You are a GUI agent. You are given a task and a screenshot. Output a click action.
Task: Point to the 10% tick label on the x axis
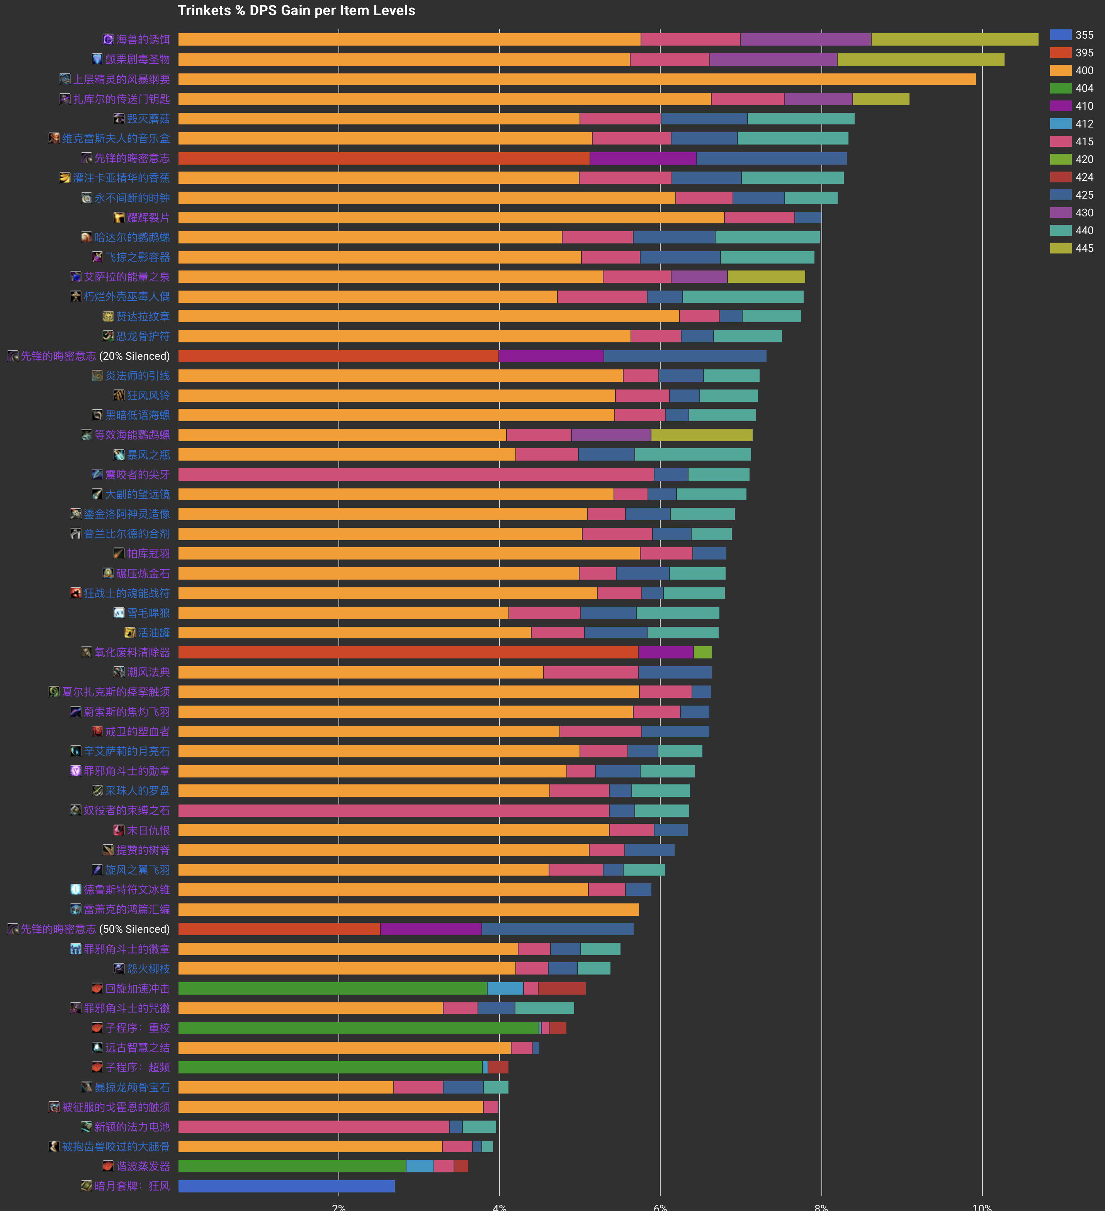pos(981,1206)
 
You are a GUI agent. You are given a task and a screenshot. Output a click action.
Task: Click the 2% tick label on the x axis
pos(339,1206)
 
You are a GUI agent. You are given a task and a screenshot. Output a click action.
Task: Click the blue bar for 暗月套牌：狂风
pos(286,1186)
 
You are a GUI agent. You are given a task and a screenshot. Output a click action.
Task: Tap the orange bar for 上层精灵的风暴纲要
pos(576,79)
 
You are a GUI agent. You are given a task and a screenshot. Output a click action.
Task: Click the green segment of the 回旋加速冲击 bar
pos(332,988)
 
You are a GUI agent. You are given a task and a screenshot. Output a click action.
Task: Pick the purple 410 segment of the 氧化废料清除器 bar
pos(665,652)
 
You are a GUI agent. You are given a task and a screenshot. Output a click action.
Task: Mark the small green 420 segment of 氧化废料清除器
pos(702,652)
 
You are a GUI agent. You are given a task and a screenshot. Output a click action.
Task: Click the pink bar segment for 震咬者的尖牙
pos(416,475)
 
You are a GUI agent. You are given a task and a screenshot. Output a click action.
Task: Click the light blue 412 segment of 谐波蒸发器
pos(420,1166)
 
